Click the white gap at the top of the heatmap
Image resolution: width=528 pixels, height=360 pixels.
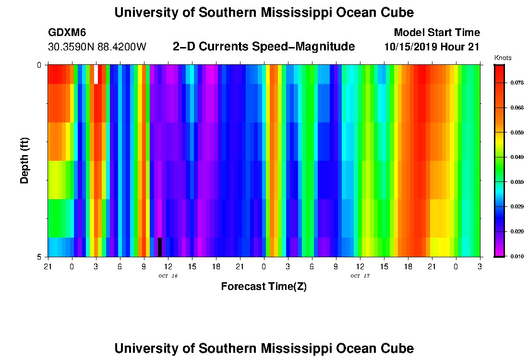[x=96, y=74]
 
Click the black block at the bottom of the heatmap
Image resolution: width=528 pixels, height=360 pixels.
[x=160, y=247]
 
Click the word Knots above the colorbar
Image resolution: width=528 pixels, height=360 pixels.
[x=503, y=58]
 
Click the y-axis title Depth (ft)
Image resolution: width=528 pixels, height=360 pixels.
[x=24, y=161]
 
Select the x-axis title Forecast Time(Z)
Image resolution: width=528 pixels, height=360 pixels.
[x=264, y=287]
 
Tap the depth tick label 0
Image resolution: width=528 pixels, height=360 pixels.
[x=39, y=65]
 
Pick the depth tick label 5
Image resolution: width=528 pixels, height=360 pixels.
[x=39, y=257]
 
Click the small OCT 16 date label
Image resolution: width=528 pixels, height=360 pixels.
[x=168, y=276]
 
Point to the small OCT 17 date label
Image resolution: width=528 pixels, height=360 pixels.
[x=360, y=276]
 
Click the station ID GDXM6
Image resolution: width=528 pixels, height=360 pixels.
[x=67, y=33]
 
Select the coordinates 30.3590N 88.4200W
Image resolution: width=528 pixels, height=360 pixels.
[x=97, y=47]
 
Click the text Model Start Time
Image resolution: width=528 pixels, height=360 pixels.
[x=436, y=33]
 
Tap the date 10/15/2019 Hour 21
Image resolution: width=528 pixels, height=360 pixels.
[x=432, y=47]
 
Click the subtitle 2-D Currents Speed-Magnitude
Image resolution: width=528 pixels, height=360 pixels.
[x=264, y=47]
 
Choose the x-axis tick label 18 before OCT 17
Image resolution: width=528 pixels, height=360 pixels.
[x=216, y=265]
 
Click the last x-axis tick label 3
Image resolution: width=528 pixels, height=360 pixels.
[x=480, y=265]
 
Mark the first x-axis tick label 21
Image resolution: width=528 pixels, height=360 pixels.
[x=48, y=265]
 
